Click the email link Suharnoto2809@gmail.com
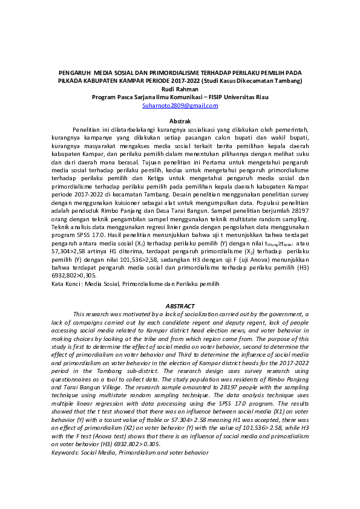[180, 105]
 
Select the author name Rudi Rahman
[180, 89]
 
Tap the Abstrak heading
[180, 122]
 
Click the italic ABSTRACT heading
[180, 306]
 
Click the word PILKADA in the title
[73, 80]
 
